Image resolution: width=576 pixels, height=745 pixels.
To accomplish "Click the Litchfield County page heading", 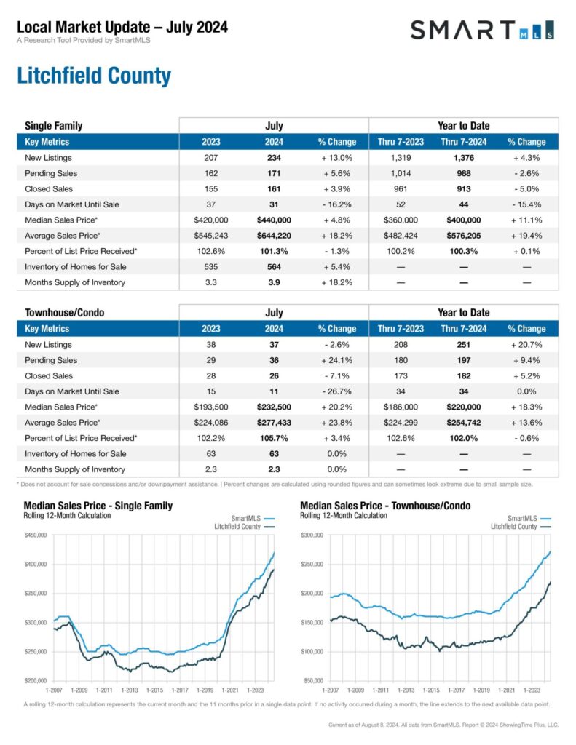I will pos(93,76).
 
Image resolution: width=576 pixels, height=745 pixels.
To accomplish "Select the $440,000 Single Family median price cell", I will pos(274,220).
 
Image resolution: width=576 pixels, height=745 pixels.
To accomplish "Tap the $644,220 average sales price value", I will pos(274,235).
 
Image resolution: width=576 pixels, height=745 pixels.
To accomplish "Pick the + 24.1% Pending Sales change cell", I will pos(336,360).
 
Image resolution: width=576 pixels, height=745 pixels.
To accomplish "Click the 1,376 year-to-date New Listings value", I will pos(463,158).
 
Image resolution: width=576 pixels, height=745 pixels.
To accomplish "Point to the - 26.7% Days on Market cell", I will pos(336,391).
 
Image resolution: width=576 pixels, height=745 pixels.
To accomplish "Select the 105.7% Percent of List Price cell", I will pos(274,438).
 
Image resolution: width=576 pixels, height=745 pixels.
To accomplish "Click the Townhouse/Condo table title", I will pos(64,313).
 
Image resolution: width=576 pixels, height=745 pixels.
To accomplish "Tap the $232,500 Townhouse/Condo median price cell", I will pos(274,407).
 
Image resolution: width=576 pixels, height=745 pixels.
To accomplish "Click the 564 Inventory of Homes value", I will pos(274,266).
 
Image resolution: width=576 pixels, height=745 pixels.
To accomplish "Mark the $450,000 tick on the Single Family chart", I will pos(35,535).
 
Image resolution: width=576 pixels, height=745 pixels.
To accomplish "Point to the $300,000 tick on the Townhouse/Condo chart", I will pos(312,535).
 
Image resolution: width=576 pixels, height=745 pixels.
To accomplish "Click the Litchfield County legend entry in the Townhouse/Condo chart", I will pos(513,526).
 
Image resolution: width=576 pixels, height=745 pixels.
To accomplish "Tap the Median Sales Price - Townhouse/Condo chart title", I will pos(385,506).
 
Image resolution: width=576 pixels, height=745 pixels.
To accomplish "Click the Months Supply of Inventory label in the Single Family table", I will pos(75,282).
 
